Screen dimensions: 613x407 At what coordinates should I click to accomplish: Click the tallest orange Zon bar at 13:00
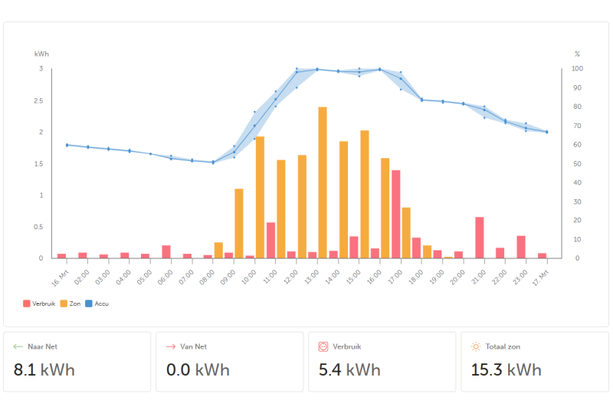coord(323,182)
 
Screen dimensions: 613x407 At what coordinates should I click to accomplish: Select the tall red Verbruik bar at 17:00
coord(395,215)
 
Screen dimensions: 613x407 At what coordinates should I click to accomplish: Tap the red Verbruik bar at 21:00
coord(480,238)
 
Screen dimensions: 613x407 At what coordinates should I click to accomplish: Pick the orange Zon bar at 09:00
coord(239,224)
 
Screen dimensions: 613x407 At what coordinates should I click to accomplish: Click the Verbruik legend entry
coord(39,304)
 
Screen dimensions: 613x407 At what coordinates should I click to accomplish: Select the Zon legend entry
coord(70,304)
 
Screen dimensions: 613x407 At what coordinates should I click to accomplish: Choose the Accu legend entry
coord(97,304)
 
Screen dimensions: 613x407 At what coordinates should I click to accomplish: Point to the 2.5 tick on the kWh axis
coord(38,100)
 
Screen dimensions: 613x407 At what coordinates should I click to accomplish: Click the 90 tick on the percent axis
coord(577,87)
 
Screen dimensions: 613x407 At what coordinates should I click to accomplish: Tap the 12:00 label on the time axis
coord(290,277)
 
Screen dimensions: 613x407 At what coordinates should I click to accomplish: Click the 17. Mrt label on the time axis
coord(541,278)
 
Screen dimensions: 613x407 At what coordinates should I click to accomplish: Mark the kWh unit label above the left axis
coord(41,54)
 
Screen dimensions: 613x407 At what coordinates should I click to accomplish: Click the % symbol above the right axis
coord(577,54)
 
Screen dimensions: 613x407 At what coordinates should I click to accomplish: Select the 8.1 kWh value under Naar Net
coord(44,370)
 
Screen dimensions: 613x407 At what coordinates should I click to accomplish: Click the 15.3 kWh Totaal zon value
coord(506,370)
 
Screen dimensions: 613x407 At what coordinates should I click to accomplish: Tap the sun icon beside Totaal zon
coord(476,346)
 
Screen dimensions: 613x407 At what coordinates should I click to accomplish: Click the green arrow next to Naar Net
coord(18,346)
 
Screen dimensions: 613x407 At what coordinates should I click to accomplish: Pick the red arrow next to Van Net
coord(170,346)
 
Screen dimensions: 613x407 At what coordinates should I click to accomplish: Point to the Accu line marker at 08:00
coord(213,162)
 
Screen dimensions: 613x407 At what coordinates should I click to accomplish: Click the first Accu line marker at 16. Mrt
coord(67,145)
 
